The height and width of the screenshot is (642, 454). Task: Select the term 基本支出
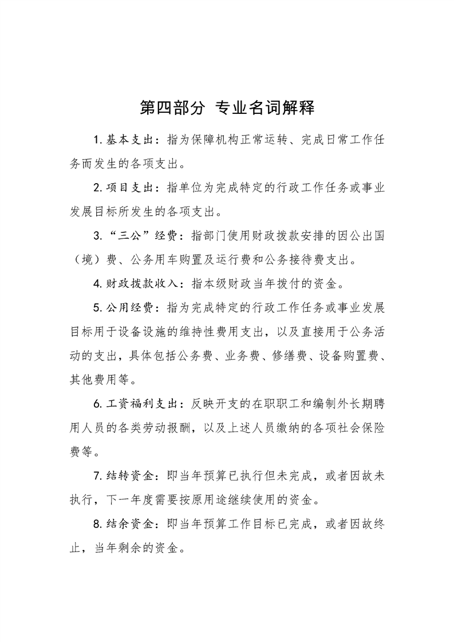(130, 140)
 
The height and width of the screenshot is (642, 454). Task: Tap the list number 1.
(96, 140)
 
